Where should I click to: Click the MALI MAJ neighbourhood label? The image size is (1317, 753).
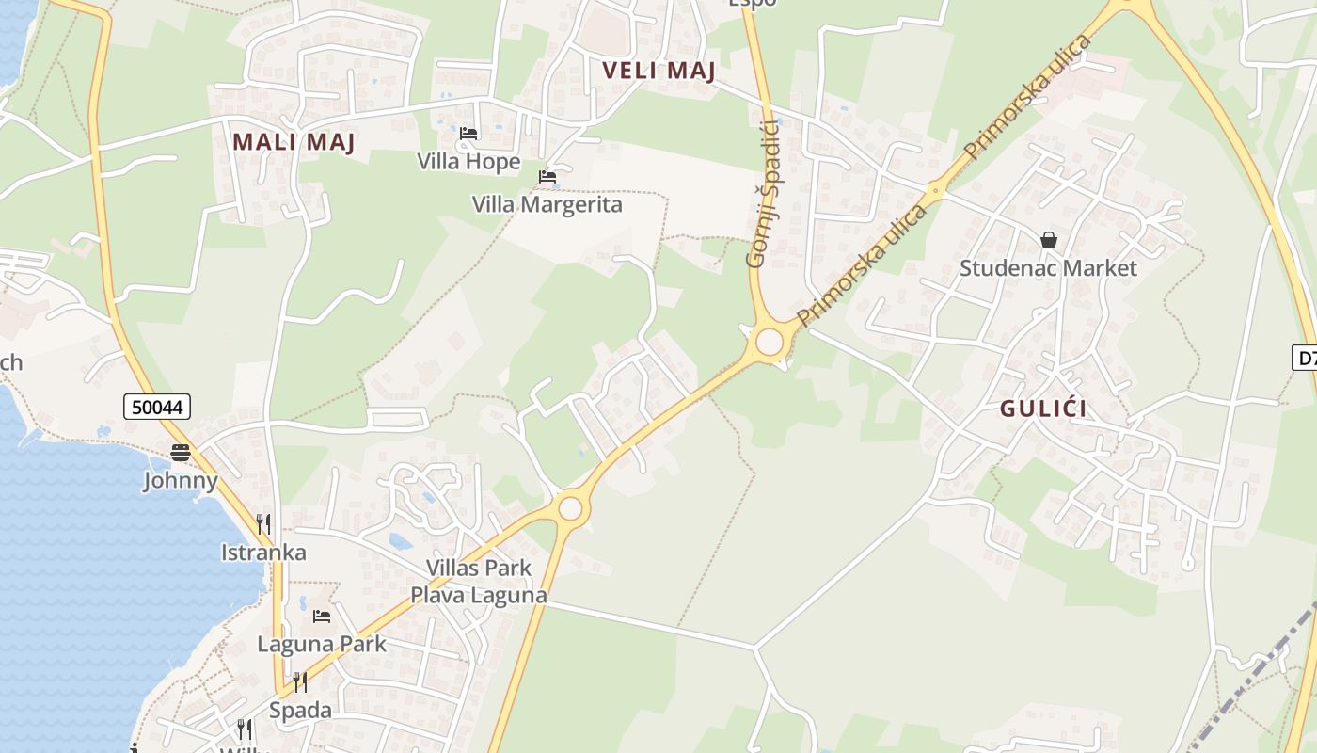294,142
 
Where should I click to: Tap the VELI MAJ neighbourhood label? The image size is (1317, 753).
658,71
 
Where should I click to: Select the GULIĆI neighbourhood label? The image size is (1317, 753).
1043,409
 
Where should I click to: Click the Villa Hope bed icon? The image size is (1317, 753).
468,134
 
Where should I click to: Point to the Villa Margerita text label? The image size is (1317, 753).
547,204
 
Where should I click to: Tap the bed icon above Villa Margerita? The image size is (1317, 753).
547,176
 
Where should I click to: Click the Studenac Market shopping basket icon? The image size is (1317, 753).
1049,241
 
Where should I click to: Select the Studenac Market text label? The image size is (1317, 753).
1048,268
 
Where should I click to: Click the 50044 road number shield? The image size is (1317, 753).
157,407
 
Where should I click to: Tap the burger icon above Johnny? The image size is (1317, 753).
181,453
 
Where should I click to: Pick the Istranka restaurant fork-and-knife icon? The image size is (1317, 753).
263,523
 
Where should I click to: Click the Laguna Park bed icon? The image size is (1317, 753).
322,617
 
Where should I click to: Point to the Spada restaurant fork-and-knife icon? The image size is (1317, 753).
300,681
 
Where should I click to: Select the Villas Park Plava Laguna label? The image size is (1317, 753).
478,582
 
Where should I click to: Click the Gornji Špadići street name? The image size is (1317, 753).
763,193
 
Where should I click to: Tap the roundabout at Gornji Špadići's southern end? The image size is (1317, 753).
770,342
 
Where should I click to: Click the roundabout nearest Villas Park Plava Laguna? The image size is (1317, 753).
570,509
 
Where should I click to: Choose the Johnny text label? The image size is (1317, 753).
181,481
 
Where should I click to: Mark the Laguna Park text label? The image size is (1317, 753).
322,645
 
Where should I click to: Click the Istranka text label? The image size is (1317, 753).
263,553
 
